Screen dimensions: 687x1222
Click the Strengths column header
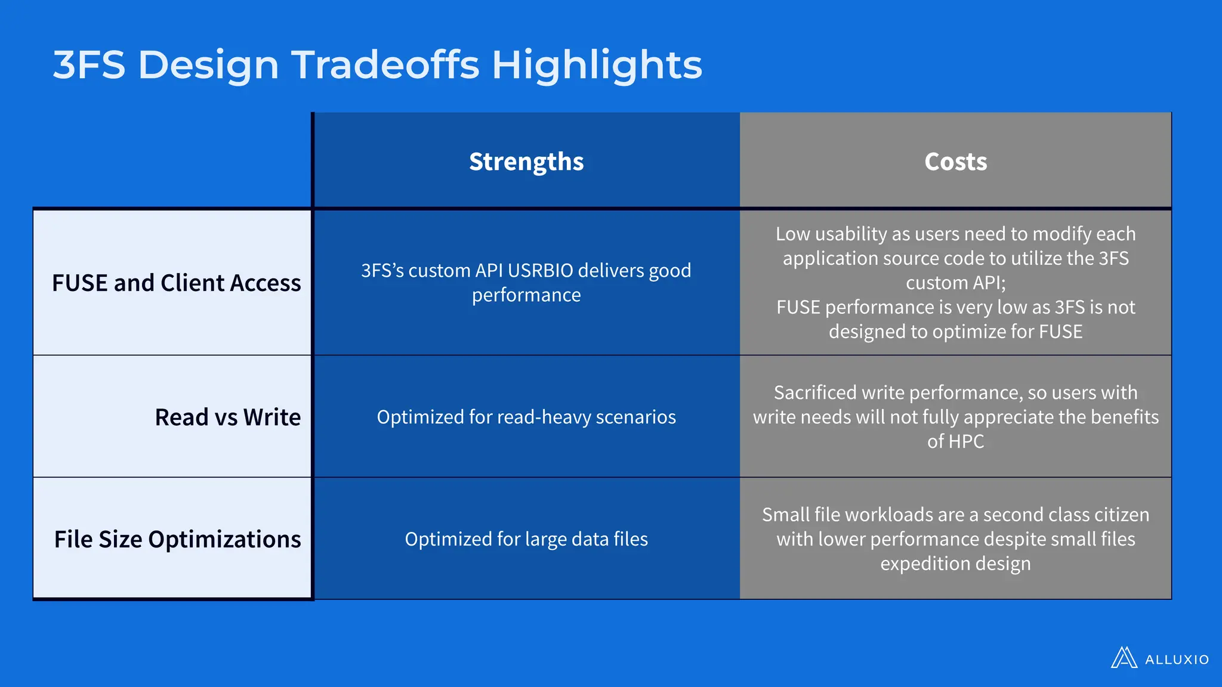click(526, 162)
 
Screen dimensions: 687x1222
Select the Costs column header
click(955, 162)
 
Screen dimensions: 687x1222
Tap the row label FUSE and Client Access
click(176, 283)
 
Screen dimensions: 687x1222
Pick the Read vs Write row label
click(227, 417)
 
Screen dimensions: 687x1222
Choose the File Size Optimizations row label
click(177, 539)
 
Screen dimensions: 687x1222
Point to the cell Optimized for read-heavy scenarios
click(526, 417)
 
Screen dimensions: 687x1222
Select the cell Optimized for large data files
click(526, 539)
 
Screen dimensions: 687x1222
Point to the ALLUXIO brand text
click(1177, 660)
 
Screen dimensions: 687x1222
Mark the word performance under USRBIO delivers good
click(526, 295)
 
